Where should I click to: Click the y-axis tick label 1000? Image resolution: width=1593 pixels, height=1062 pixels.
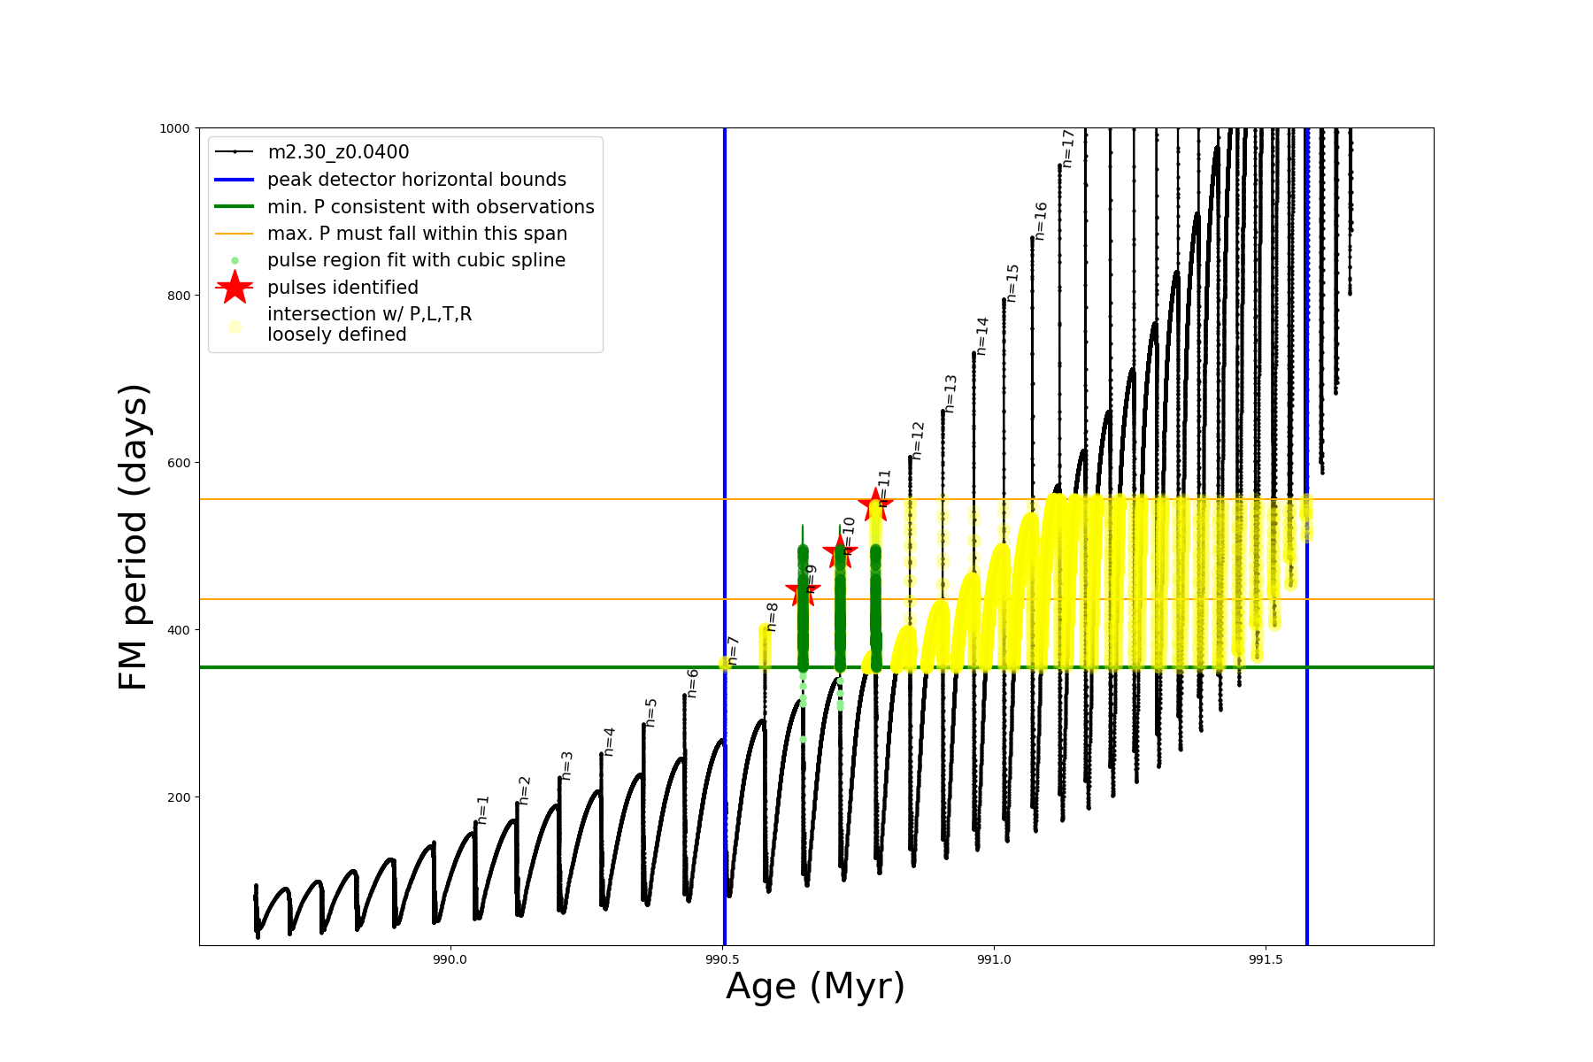(x=174, y=128)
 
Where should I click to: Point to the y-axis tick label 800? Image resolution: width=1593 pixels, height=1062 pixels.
(x=178, y=296)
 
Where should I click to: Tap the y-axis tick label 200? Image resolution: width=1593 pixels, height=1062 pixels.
(x=178, y=797)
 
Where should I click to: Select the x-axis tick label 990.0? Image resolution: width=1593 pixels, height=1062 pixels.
(x=450, y=959)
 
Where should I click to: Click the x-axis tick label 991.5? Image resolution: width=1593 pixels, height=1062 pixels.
(x=1266, y=959)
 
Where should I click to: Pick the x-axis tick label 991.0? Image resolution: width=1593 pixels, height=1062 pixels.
(x=994, y=959)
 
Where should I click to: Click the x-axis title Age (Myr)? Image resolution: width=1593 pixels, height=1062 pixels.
(x=815, y=987)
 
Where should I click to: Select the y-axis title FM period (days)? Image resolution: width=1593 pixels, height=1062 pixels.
(x=133, y=537)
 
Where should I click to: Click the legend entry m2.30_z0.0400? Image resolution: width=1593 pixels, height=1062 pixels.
(x=338, y=152)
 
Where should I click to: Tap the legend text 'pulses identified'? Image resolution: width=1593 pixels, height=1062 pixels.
(x=342, y=288)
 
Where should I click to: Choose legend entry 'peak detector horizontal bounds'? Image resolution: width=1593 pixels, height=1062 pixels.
(x=416, y=180)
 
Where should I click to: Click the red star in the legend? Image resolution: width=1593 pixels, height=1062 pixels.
(x=235, y=288)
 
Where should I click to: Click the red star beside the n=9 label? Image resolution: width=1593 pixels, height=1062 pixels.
(x=803, y=590)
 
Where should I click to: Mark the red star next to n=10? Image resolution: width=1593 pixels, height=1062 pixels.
(x=840, y=552)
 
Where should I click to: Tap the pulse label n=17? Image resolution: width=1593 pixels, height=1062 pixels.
(x=1068, y=149)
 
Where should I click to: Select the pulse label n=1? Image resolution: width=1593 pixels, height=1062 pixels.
(x=483, y=810)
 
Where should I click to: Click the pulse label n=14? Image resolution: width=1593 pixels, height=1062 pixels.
(x=982, y=336)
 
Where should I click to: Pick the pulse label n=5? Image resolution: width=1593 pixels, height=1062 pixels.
(x=651, y=712)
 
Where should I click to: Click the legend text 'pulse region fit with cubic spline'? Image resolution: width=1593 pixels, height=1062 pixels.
(x=416, y=260)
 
